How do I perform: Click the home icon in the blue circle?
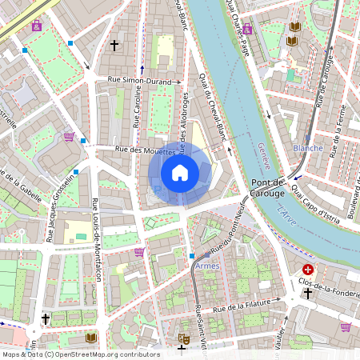point(180,173)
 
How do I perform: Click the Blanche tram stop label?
point(309,148)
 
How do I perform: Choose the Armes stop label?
point(206,265)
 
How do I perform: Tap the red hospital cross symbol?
point(309,271)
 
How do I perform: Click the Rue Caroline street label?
point(137,109)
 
